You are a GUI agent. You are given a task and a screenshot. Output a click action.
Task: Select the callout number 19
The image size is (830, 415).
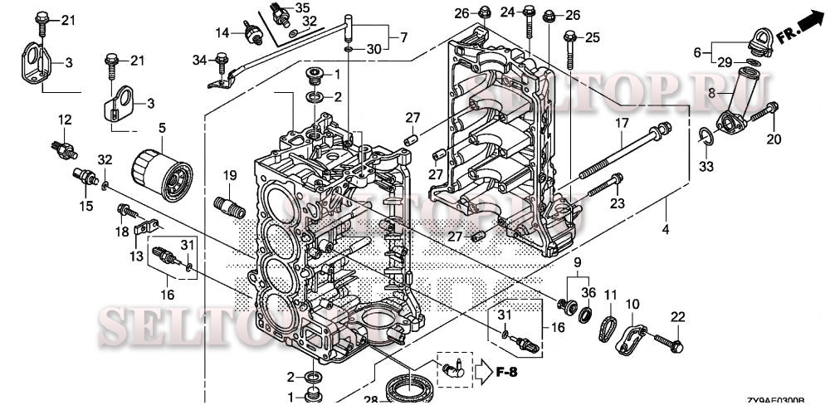(230, 175)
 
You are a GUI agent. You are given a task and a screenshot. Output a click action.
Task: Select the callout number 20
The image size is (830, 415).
(774, 139)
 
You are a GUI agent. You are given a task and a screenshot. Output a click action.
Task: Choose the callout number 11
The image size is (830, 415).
(610, 295)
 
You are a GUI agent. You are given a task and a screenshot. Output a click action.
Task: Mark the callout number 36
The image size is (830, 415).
(588, 292)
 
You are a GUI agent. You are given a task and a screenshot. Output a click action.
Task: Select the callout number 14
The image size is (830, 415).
(223, 32)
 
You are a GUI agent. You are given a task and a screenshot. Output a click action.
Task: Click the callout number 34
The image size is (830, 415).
(198, 59)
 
